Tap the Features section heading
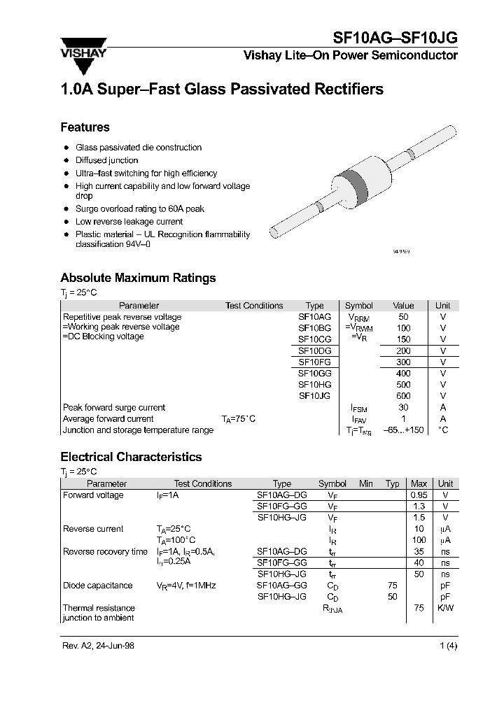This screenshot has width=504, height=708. point(85,127)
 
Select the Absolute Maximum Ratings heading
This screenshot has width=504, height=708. point(138,278)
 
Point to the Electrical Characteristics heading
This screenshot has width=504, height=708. point(131,457)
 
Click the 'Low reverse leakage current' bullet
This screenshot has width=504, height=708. point(129,222)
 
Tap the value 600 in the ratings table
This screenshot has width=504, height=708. point(403,396)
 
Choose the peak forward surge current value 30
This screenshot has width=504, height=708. point(403,407)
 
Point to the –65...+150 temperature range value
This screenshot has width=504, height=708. point(403,430)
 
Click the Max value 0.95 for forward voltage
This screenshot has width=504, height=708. point(419,495)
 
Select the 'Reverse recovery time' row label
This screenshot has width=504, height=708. point(105,552)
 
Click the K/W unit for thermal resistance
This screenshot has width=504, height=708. point(445,608)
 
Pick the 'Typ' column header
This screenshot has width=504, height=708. point(393,483)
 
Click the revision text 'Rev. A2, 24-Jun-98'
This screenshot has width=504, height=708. point(99,646)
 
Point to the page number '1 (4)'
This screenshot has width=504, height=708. point(447,646)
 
